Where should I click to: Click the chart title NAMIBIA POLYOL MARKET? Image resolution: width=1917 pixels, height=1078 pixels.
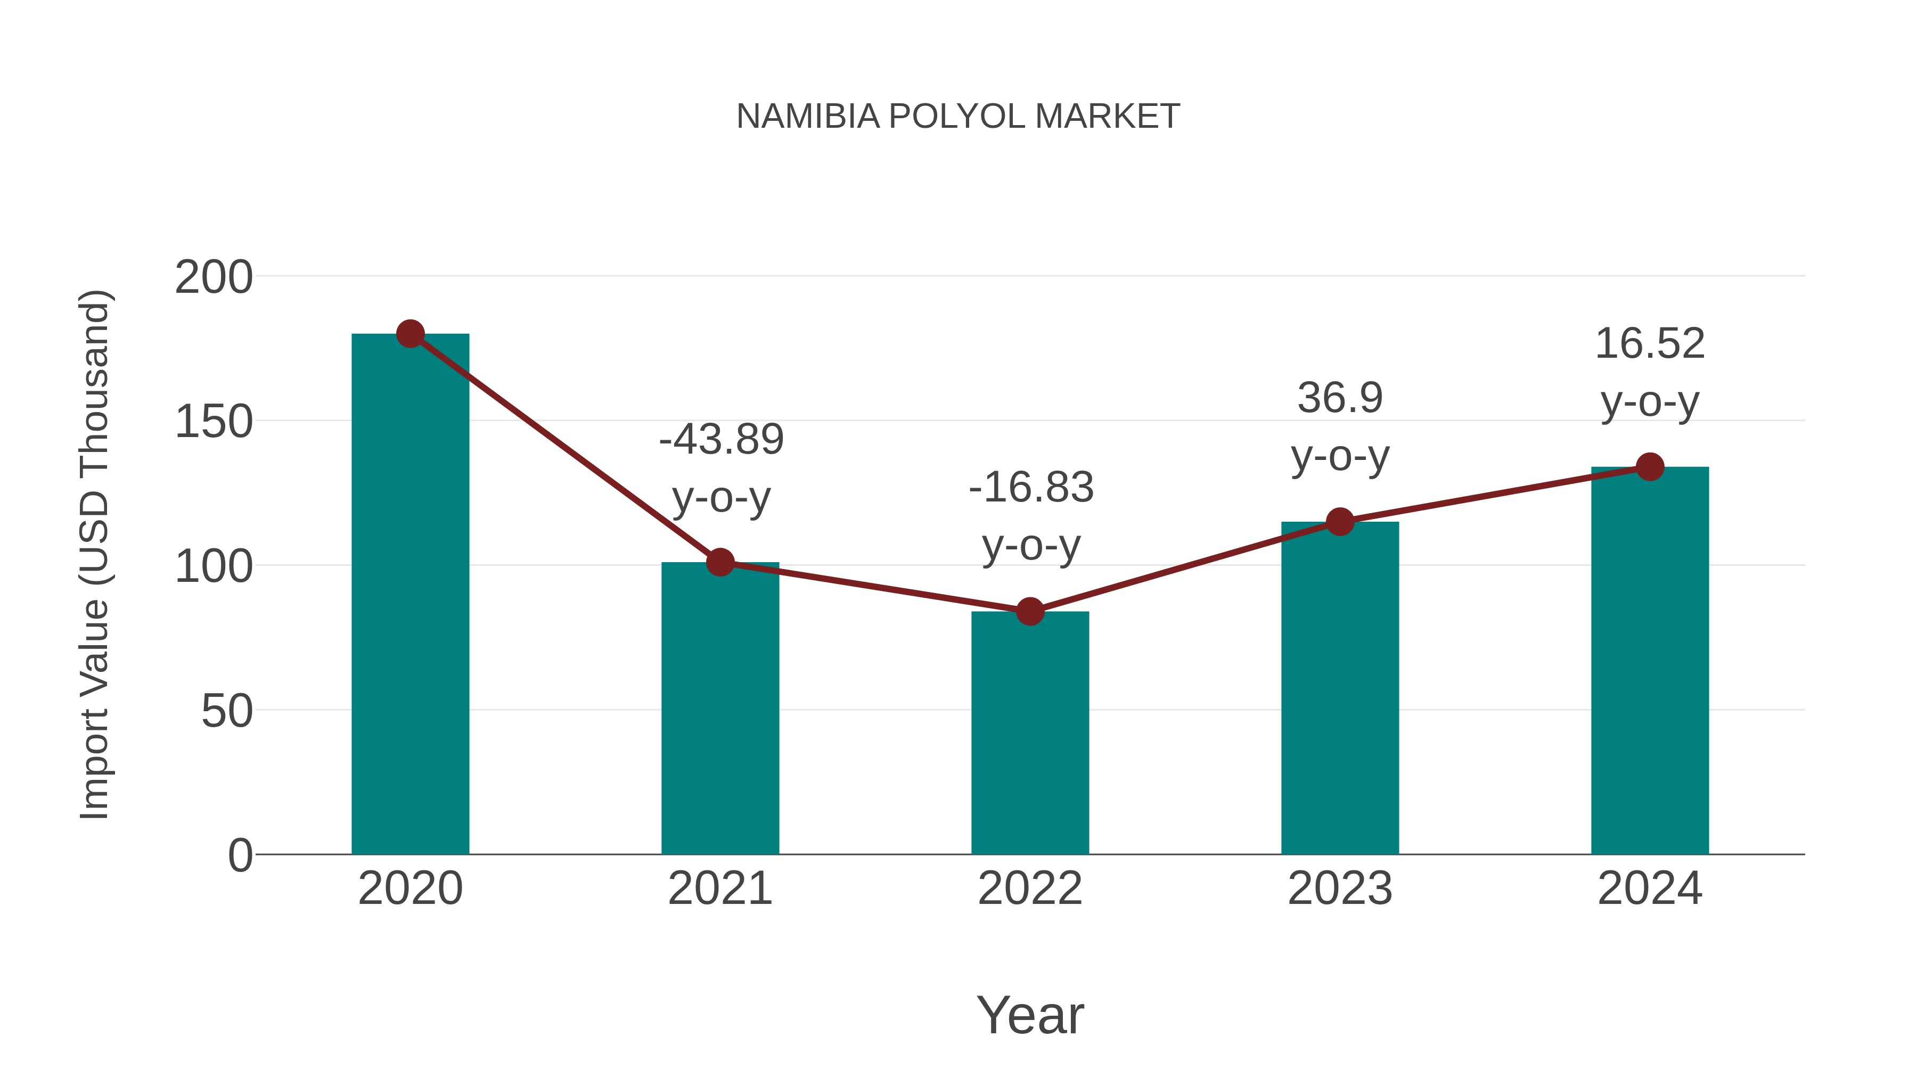coord(958,117)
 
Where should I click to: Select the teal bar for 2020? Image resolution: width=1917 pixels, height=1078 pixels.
coord(410,595)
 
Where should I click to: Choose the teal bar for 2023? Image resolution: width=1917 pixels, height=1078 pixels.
coord(1340,688)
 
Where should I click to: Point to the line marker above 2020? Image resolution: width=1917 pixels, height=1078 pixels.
coord(410,334)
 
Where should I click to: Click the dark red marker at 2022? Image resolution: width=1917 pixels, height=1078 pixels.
coord(1030,612)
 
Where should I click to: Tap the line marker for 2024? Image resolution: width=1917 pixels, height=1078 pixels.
coord(1650,467)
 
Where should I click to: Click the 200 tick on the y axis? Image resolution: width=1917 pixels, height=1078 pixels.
coord(214,278)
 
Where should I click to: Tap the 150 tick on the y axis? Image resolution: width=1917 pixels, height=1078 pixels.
coord(214,423)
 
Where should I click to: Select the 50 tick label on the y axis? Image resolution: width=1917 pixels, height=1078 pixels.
coord(226,712)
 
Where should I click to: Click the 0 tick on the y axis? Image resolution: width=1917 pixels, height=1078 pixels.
coord(240,855)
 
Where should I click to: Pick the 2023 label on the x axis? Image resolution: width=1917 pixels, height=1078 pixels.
coord(1340,888)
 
